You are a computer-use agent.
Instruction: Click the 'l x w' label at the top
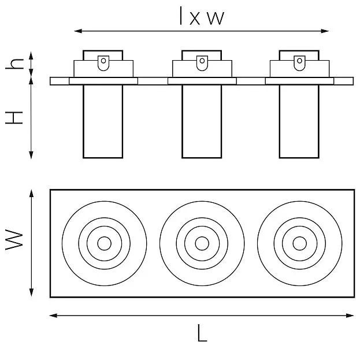tap(202, 16)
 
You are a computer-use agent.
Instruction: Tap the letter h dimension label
tap(14, 64)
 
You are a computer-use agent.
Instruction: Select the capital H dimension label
tap(14, 118)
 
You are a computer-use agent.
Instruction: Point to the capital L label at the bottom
tap(202, 333)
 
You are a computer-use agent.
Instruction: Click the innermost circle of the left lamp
tap(104, 243)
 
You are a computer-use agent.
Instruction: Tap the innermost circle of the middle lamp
tap(202, 243)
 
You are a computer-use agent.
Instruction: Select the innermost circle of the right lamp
tap(300, 243)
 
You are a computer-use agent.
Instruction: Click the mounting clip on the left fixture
tap(103, 62)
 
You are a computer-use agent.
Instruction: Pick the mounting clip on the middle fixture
tap(202, 62)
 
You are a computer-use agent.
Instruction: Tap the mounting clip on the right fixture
tap(299, 62)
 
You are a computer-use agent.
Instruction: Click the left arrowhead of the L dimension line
tap(53, 316)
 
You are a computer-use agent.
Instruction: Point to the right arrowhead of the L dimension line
tap(350, 316)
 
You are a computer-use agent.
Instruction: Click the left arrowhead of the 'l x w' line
tap(78, 31)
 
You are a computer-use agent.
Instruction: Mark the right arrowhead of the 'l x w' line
tap(325, 31)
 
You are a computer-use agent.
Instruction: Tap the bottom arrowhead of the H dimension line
tap(31, 155)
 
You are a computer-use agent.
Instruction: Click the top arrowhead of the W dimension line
tap(31, 194)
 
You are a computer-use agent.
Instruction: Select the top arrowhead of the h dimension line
tap(31, 55)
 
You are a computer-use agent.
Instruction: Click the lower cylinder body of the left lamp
tap(103, 121)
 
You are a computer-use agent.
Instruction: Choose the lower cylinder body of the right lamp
tap(299, 121)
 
